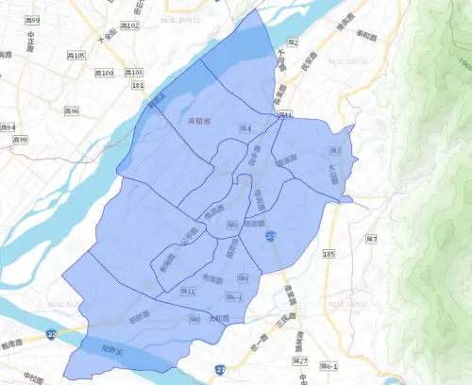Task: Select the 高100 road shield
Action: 106,73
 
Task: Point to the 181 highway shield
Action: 138,86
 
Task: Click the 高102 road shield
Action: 128,25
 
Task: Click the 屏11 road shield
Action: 188,292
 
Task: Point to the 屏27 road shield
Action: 301,360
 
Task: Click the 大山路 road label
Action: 331,174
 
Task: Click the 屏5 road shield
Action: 232,225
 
